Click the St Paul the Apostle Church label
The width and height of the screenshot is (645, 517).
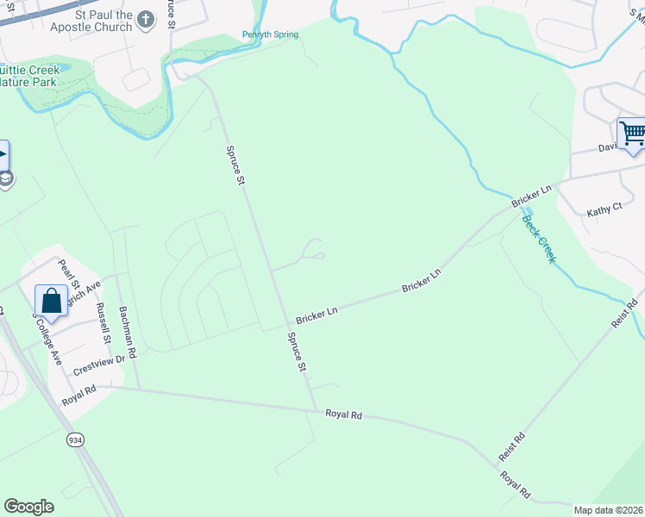[x=91, y=22]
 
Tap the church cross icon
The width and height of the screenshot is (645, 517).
[x=146, y=18]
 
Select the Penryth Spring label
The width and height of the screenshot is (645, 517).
[x=270, y=34]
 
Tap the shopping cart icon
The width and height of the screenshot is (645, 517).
[x=632, y=134]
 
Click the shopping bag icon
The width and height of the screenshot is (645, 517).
[x=52, y=301]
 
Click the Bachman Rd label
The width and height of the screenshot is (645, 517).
[x=127, y=332]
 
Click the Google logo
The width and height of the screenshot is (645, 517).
[x=28, y=507]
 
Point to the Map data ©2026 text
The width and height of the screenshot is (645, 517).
[x=608, y=510]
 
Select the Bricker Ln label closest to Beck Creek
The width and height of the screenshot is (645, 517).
[x=530, y=196]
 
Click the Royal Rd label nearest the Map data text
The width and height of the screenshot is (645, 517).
[x=516, y=484]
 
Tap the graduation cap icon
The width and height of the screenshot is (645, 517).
[x=4, y=178]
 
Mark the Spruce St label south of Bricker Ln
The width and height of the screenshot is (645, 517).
[x=296, y=354]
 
